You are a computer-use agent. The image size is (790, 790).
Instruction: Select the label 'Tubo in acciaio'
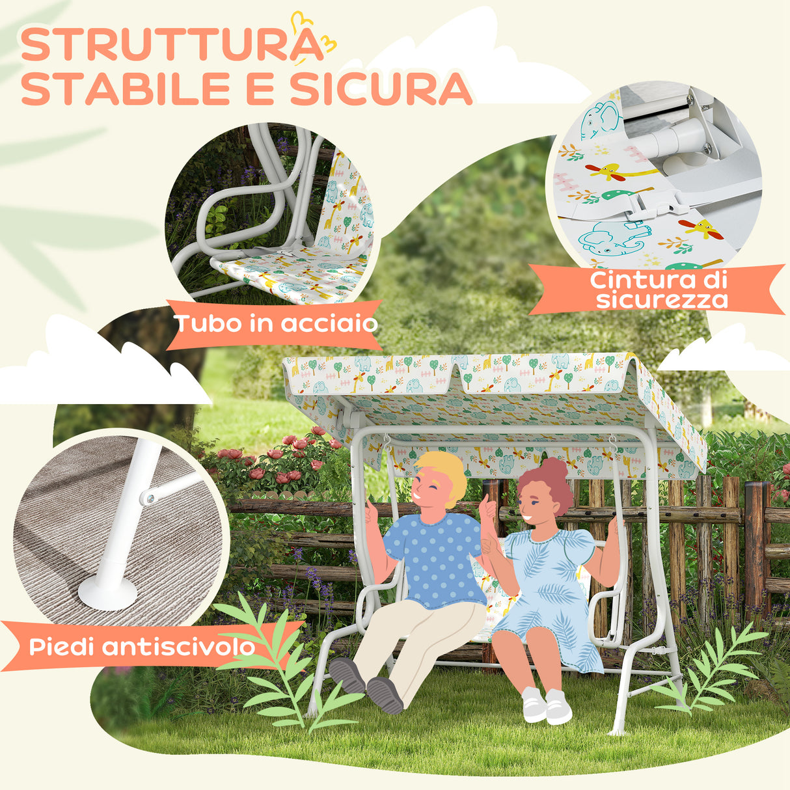pyautogui.click(x=277, y=323)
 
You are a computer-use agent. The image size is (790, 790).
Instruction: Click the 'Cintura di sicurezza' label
pyautogui.click(x=658, y=290)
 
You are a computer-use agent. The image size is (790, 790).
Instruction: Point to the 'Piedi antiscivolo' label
pyautogui.click(x=142, y=647)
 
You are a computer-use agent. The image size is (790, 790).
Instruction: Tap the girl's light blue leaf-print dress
pyautogui.click(x=553, y=586)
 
